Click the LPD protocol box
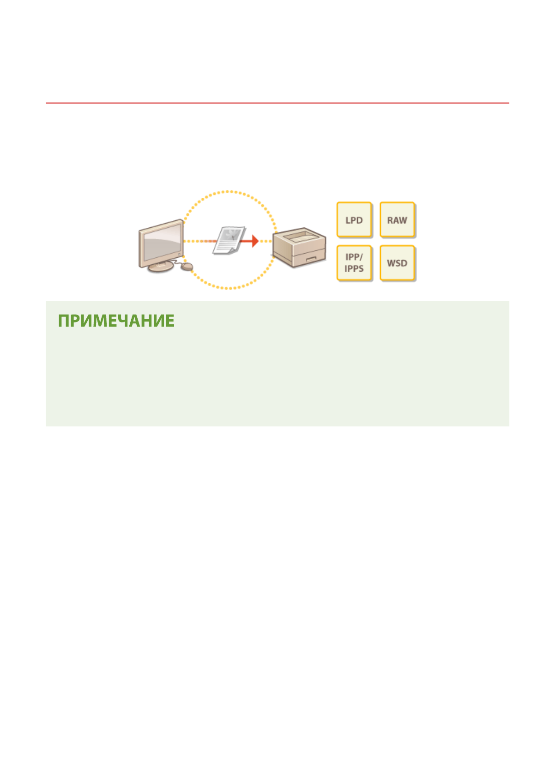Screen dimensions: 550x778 coord(354,220)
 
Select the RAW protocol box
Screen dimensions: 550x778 coord(397,220)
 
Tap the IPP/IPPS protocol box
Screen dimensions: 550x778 coord(354,263)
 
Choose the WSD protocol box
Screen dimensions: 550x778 coord(397,263)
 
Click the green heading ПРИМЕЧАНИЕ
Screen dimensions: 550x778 coord(116,321)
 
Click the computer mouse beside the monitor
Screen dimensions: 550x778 coord(187,267)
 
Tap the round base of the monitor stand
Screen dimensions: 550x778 coord(160,267)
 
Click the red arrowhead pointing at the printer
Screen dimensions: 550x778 coord(254,241)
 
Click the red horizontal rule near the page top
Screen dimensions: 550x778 coord(277,103)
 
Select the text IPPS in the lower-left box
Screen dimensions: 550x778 coord(354,268)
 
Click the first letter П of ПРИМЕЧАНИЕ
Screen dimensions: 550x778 coord(64,321)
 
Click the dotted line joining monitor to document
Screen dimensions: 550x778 coord(199,241)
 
